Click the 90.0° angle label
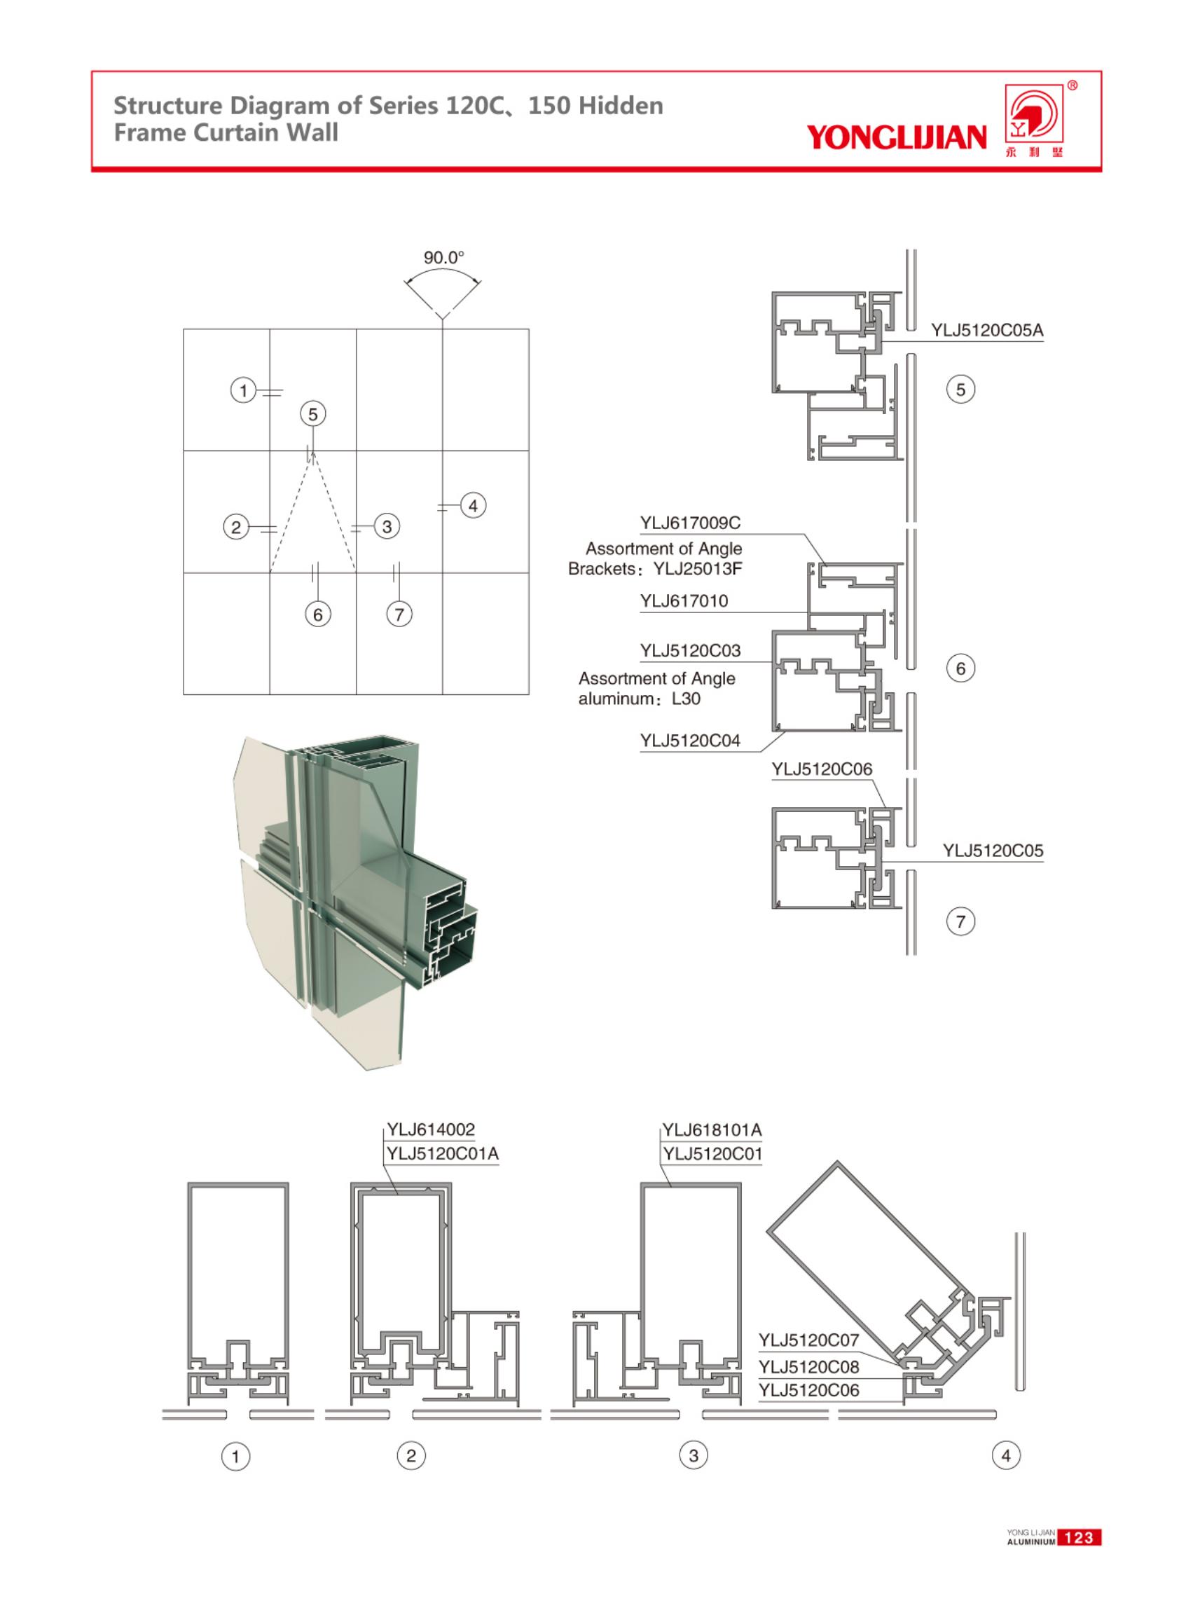443,257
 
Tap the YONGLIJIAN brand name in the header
896,137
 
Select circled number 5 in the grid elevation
312,414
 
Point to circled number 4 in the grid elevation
473,506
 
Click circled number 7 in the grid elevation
399,614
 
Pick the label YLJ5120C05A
986,331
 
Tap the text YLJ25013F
698,569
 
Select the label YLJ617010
684,601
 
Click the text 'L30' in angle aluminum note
685,699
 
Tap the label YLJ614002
430,1129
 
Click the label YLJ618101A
712,1129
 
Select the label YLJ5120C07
808,1340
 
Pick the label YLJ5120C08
808,1367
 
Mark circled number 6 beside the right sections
960,668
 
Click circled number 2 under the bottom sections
411,1455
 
